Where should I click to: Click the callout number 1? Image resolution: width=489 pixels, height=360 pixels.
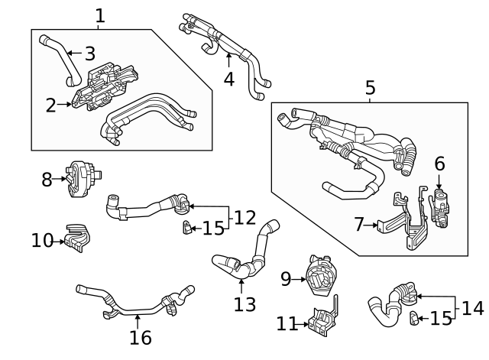100,15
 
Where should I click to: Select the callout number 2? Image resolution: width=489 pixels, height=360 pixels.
50,105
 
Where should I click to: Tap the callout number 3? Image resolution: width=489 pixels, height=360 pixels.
89,54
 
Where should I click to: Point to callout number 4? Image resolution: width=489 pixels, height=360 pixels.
228,78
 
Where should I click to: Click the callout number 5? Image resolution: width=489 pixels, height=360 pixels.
370,89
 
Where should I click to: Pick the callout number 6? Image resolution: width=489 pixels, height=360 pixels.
439,164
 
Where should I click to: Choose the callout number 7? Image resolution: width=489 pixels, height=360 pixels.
359,225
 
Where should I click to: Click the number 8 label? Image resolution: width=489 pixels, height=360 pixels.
47,180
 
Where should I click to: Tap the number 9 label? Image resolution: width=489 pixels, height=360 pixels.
286,279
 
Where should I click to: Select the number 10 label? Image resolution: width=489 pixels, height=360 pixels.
41,241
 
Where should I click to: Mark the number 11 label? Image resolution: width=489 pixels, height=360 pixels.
286,324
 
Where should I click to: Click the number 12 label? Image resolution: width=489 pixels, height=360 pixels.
244,217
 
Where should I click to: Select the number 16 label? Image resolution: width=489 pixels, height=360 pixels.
141,337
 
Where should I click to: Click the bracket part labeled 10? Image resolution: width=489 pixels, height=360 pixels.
76,237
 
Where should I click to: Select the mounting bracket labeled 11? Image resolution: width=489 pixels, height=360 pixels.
323,321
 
